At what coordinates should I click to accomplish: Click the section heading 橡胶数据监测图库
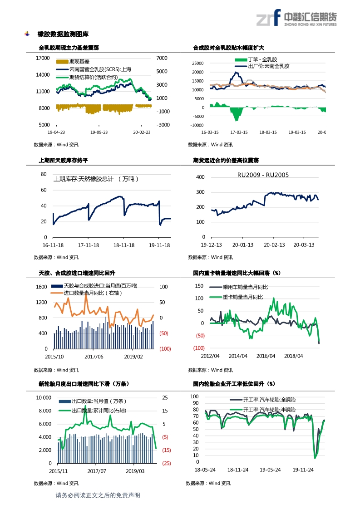[63, 34]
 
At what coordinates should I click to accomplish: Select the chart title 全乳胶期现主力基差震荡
[69, 48]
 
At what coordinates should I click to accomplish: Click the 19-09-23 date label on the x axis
[99, 132]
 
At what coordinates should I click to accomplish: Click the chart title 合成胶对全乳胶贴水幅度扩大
[228, 48]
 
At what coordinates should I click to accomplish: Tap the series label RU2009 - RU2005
[263, 175]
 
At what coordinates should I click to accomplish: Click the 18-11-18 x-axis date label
[124, 245]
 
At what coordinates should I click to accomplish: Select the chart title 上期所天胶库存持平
[63, 160]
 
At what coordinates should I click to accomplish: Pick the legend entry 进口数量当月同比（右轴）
[93, 293]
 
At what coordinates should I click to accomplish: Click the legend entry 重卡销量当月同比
[242, 297]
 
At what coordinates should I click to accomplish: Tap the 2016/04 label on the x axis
[266, 356]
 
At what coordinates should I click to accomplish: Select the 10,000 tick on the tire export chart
[44, 398]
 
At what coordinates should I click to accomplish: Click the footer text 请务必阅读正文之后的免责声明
[98, 495]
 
